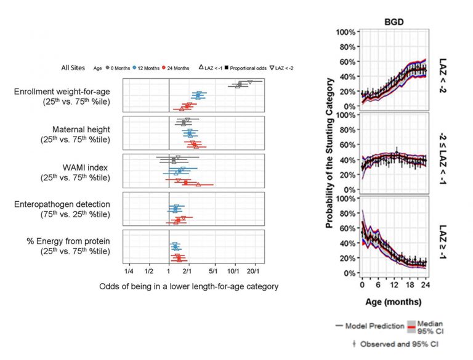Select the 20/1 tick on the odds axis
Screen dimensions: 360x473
tap(254, 270)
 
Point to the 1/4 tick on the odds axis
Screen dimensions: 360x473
tap(129, 270)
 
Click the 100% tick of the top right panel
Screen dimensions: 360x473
tap(344, 32)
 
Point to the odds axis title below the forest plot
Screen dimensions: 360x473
tap(188, 286)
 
